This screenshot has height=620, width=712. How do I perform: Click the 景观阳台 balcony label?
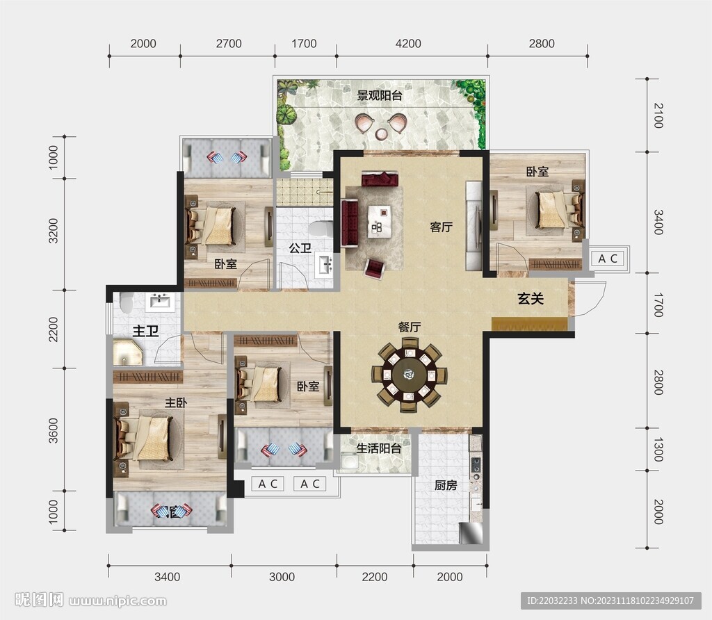(380, 96)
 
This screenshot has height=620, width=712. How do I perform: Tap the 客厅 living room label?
(442, 227)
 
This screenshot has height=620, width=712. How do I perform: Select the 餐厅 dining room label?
(409, 327)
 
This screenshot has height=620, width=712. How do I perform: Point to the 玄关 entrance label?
(531, 299)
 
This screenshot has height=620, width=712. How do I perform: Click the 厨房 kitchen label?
(446, 486)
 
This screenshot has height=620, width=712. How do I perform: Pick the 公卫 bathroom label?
(300, 248)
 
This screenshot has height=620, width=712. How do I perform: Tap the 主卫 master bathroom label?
(145, 331)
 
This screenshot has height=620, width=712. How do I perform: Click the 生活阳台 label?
(379, 448)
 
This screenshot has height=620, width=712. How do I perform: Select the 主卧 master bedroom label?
(175, 402)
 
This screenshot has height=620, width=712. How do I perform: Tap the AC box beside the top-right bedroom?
(608, 259)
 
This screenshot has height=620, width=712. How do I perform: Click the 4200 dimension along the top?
(408, 44)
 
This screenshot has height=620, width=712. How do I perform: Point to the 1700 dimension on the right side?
(658, 305)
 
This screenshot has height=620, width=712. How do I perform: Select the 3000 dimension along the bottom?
(282, 577)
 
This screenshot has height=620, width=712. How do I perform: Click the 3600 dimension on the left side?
(53, 430)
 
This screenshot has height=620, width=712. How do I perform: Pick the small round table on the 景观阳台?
(382, 134)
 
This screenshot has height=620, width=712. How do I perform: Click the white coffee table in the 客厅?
(381, 221)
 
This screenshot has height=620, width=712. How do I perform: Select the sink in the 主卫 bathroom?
(159, 302)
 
